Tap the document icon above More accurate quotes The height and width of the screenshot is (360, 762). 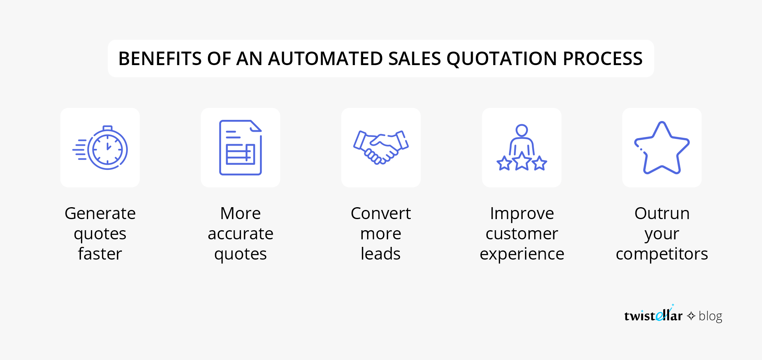coord(241,147)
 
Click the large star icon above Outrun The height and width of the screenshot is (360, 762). coord(662,148)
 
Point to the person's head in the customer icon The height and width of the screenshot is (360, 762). coord(521,130)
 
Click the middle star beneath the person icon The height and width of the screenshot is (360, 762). coord(522,161)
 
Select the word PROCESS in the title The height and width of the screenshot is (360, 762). coord(602,59)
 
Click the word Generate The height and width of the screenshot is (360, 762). coord(100,214)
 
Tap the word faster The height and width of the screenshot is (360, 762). coord(100,254)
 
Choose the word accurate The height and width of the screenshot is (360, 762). coord(241,234)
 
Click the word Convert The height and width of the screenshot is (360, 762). coord(381,214)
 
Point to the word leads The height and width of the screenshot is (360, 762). coord(381,254)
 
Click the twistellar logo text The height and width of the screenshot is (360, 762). coord(653,315)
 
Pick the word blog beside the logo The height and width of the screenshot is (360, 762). coord(710,316)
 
